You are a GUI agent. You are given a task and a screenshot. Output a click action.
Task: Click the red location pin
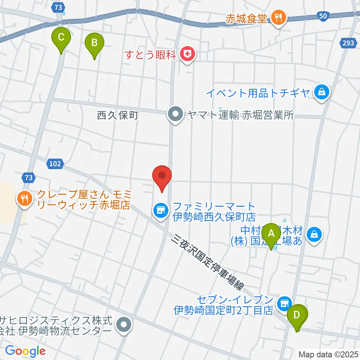162,177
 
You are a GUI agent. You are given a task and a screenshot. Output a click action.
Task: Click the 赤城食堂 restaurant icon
278,17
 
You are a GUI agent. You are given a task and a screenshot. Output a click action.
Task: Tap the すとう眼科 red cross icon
187,55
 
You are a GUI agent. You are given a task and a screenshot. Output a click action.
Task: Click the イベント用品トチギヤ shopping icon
321,92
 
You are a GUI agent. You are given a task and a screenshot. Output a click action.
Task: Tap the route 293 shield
348,43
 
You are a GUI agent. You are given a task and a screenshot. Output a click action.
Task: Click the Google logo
25,351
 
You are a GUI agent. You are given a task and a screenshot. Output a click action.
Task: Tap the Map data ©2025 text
328,354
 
